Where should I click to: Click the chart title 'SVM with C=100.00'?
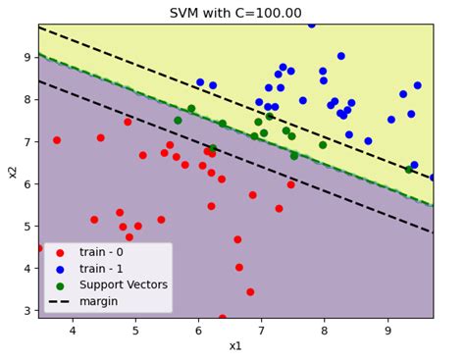pos(235,13)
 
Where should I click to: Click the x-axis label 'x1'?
pos(235,346)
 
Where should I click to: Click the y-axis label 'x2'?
pos(13,171)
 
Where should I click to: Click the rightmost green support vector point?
pos(409,170)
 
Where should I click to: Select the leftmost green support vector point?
pos(178,121)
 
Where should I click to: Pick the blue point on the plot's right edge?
pos(433,178)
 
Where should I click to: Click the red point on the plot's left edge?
pos(39,248)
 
